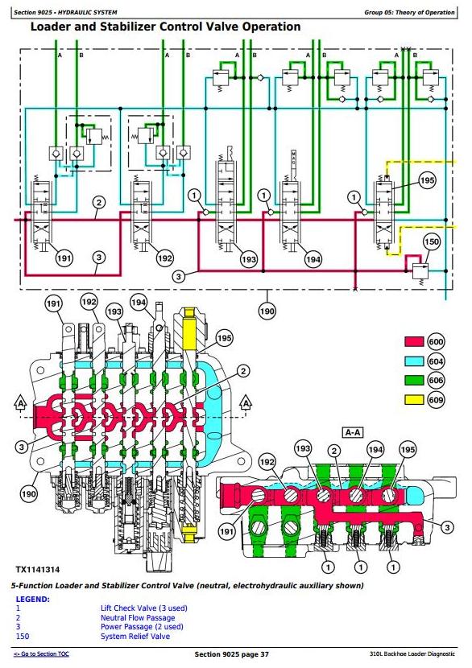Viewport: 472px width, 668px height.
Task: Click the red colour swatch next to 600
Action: click(413, 342)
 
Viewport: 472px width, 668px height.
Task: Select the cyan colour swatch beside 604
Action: click(413, 361)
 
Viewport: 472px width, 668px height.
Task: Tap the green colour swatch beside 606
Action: click(413, 380)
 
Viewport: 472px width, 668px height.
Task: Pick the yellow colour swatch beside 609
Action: click(413, 400)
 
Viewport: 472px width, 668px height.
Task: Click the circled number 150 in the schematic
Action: click(432, 242)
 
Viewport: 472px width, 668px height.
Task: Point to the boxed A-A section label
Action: click(353, 433)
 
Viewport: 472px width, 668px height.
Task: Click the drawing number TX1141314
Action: click(38, 570)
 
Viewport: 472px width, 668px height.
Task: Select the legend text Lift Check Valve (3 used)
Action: click(143, 608)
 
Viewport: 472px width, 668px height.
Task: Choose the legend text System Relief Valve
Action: click(135, 637)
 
